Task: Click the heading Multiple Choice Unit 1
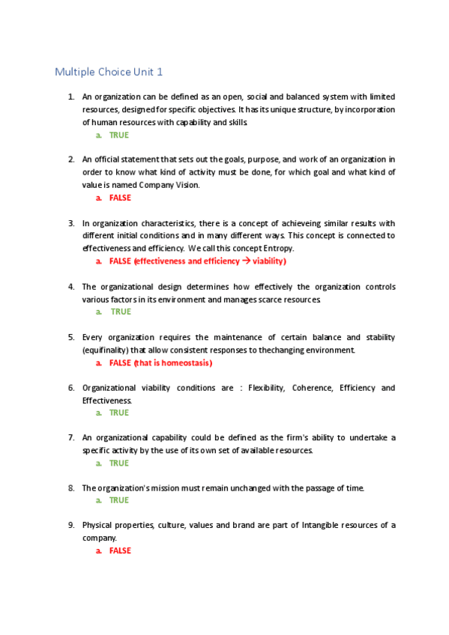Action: pos(108,72)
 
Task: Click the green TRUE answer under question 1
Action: pos(119,136)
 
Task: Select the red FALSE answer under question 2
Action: pos(120,198)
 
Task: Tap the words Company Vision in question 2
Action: pos(175,185)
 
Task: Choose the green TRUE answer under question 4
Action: pos(120,312)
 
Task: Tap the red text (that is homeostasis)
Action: pos(173,362)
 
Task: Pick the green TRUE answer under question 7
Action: pos(119,464)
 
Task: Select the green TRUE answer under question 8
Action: pos(119,500)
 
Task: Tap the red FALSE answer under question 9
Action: pos(120,551)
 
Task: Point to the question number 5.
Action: pos(70,337)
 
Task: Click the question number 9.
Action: pos(70,525)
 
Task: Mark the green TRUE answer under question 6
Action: pos(119,413)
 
